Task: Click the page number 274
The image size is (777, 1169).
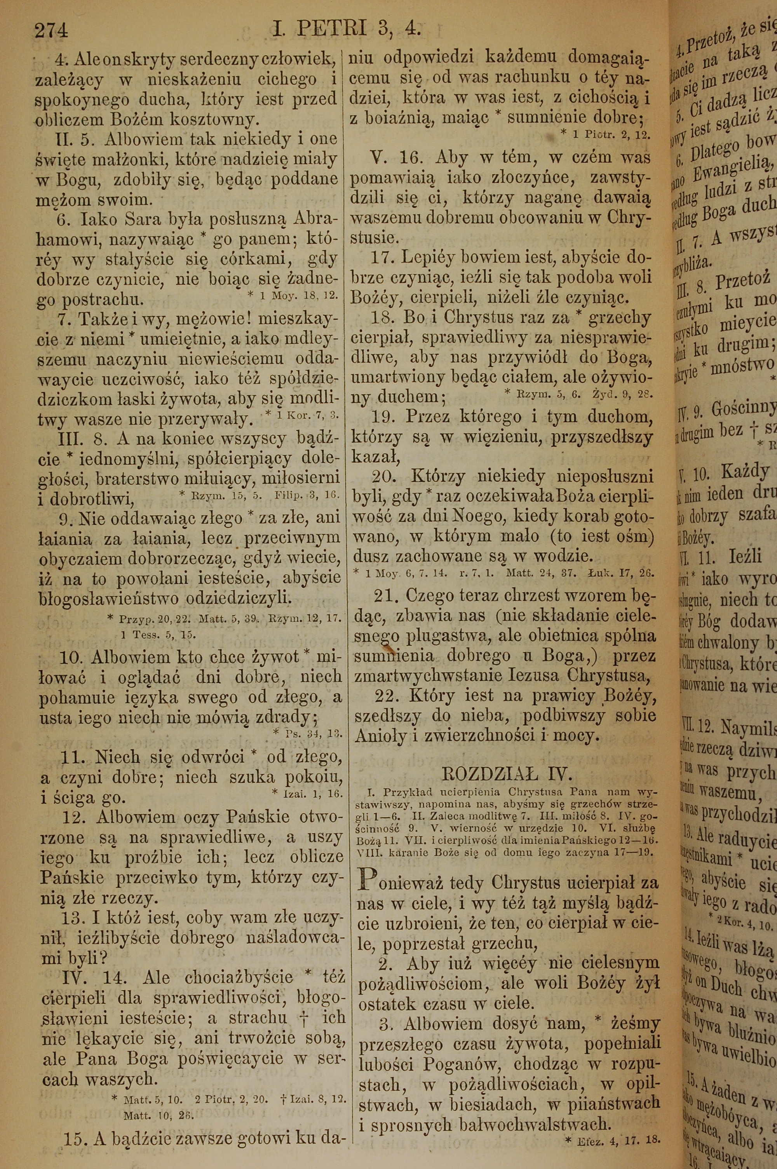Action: pos(51,30)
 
